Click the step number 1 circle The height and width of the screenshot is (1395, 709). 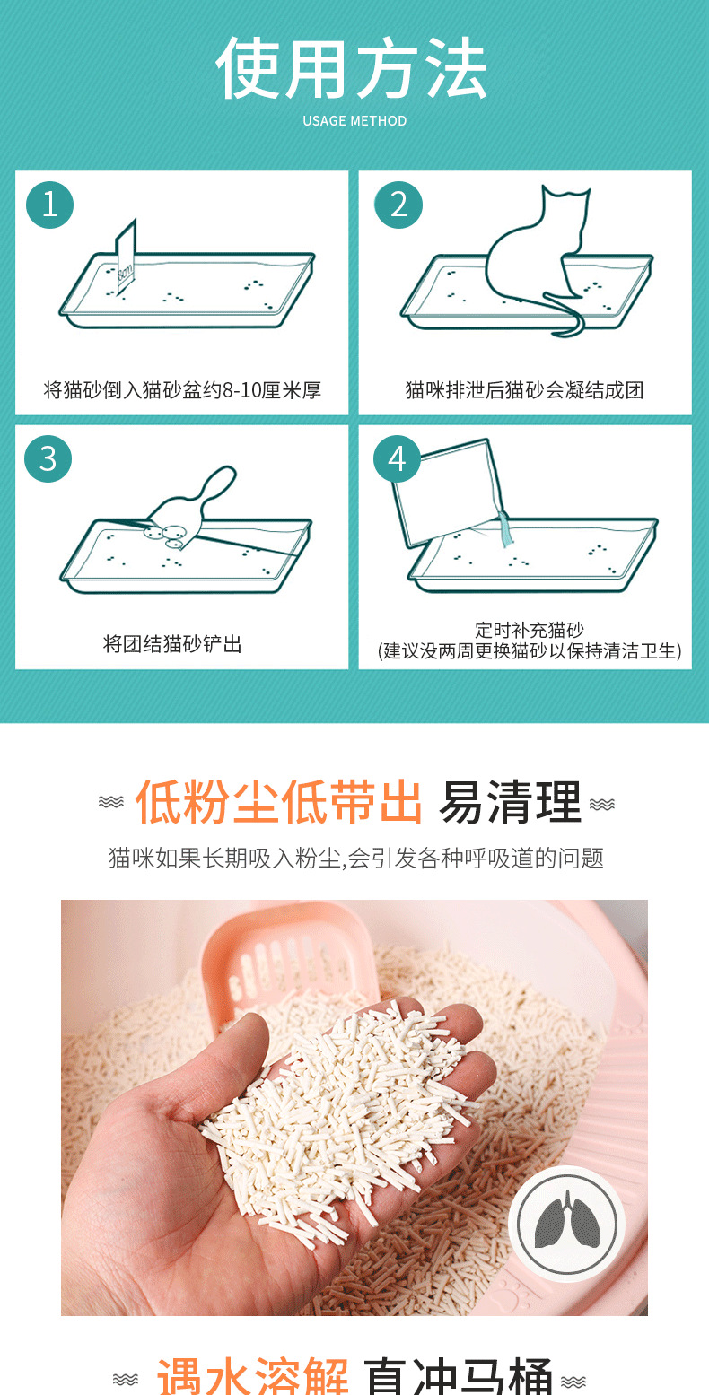(x=50, y=205)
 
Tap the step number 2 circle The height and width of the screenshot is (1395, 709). (x=398, y=205)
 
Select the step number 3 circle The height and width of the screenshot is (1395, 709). (x=48, y=459)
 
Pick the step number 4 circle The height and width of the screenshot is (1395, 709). (x=397, y=459)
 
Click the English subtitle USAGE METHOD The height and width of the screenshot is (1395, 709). (x=354, y=121)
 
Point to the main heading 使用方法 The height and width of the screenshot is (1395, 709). (x=352, y=67)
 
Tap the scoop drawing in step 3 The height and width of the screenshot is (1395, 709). (x=190, y=508)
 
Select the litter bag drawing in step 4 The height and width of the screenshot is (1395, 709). (x=450, y=492)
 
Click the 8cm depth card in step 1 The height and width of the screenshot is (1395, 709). (x=126, y=257)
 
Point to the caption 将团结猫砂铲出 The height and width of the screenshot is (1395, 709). (x=172, y=643)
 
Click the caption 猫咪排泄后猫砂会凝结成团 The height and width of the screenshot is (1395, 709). (x=525, y=390)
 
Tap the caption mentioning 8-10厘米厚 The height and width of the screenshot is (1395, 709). (x=182, y=390)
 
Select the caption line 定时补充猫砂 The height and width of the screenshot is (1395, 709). (x=529, y=630)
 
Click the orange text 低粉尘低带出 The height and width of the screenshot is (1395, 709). (x=278, y=801)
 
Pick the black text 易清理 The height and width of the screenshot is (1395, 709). (x=511, y=801)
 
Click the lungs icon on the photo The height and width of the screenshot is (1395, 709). (x=567, y=1224)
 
